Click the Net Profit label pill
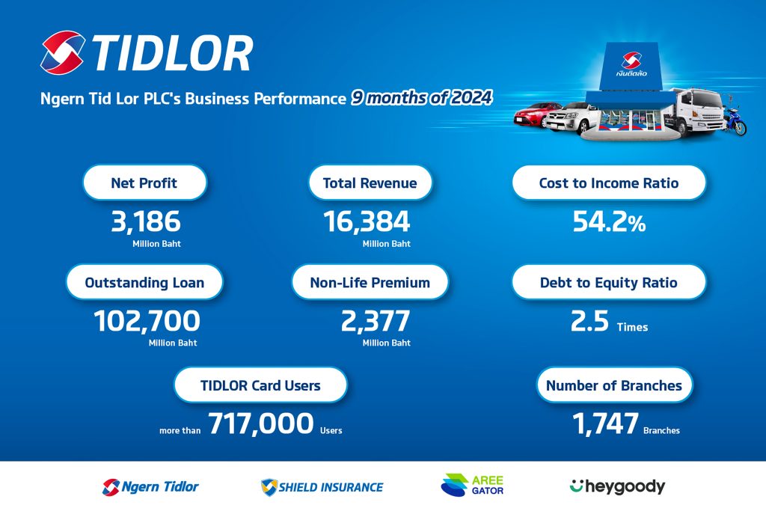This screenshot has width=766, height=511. point(144,183)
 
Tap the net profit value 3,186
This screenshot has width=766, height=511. point(146,221)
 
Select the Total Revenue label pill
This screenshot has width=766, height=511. point(370,183)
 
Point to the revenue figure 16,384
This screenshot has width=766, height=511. point(367,221)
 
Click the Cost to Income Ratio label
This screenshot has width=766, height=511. point(609,183)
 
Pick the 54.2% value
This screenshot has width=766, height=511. point(609,221)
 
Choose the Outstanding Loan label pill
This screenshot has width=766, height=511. point(144,282)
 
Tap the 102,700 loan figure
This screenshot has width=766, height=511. point(147,321)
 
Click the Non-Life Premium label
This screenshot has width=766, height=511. point(370,282)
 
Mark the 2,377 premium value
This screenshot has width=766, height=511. point(376,321)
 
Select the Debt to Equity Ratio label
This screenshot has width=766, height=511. point(609,282)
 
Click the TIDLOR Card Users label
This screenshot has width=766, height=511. point(260,385)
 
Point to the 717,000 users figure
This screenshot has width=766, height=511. point(261,423)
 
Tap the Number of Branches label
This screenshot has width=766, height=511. point(614,385)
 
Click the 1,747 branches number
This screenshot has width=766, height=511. point(605,423)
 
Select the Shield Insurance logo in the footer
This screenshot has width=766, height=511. point(322,487)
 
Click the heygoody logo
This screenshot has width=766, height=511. point(617,486)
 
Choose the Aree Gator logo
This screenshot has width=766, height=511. point(472,485)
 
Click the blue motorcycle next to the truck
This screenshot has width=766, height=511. point(735,121)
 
